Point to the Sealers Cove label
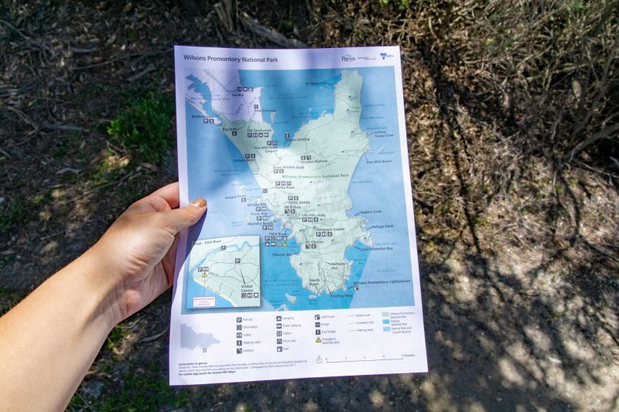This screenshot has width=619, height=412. click(371, 211)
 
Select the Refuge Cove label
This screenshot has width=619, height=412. click(382, 226)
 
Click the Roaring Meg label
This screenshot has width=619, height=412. click(341, 295)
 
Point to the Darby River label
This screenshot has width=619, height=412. click(285, 187)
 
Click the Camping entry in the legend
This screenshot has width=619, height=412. click(288, 318)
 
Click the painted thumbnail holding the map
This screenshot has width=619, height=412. click(198, 203)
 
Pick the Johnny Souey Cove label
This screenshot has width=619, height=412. click(384, 133)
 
